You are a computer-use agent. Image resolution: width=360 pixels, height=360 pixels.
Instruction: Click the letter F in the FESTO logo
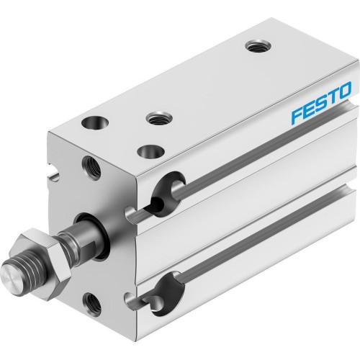(x=295, y=116)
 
